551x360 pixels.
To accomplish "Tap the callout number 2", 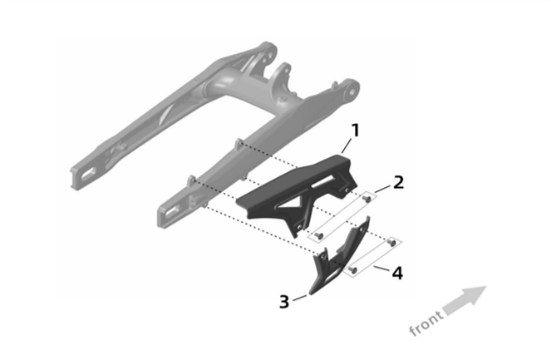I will tap(399, 181).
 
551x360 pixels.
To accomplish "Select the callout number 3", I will tap(284, 301).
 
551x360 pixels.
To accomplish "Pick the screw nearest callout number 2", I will tap(367, 198).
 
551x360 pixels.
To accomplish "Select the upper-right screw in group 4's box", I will tap(391, 241).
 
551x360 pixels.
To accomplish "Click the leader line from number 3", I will tap(301, 295).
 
